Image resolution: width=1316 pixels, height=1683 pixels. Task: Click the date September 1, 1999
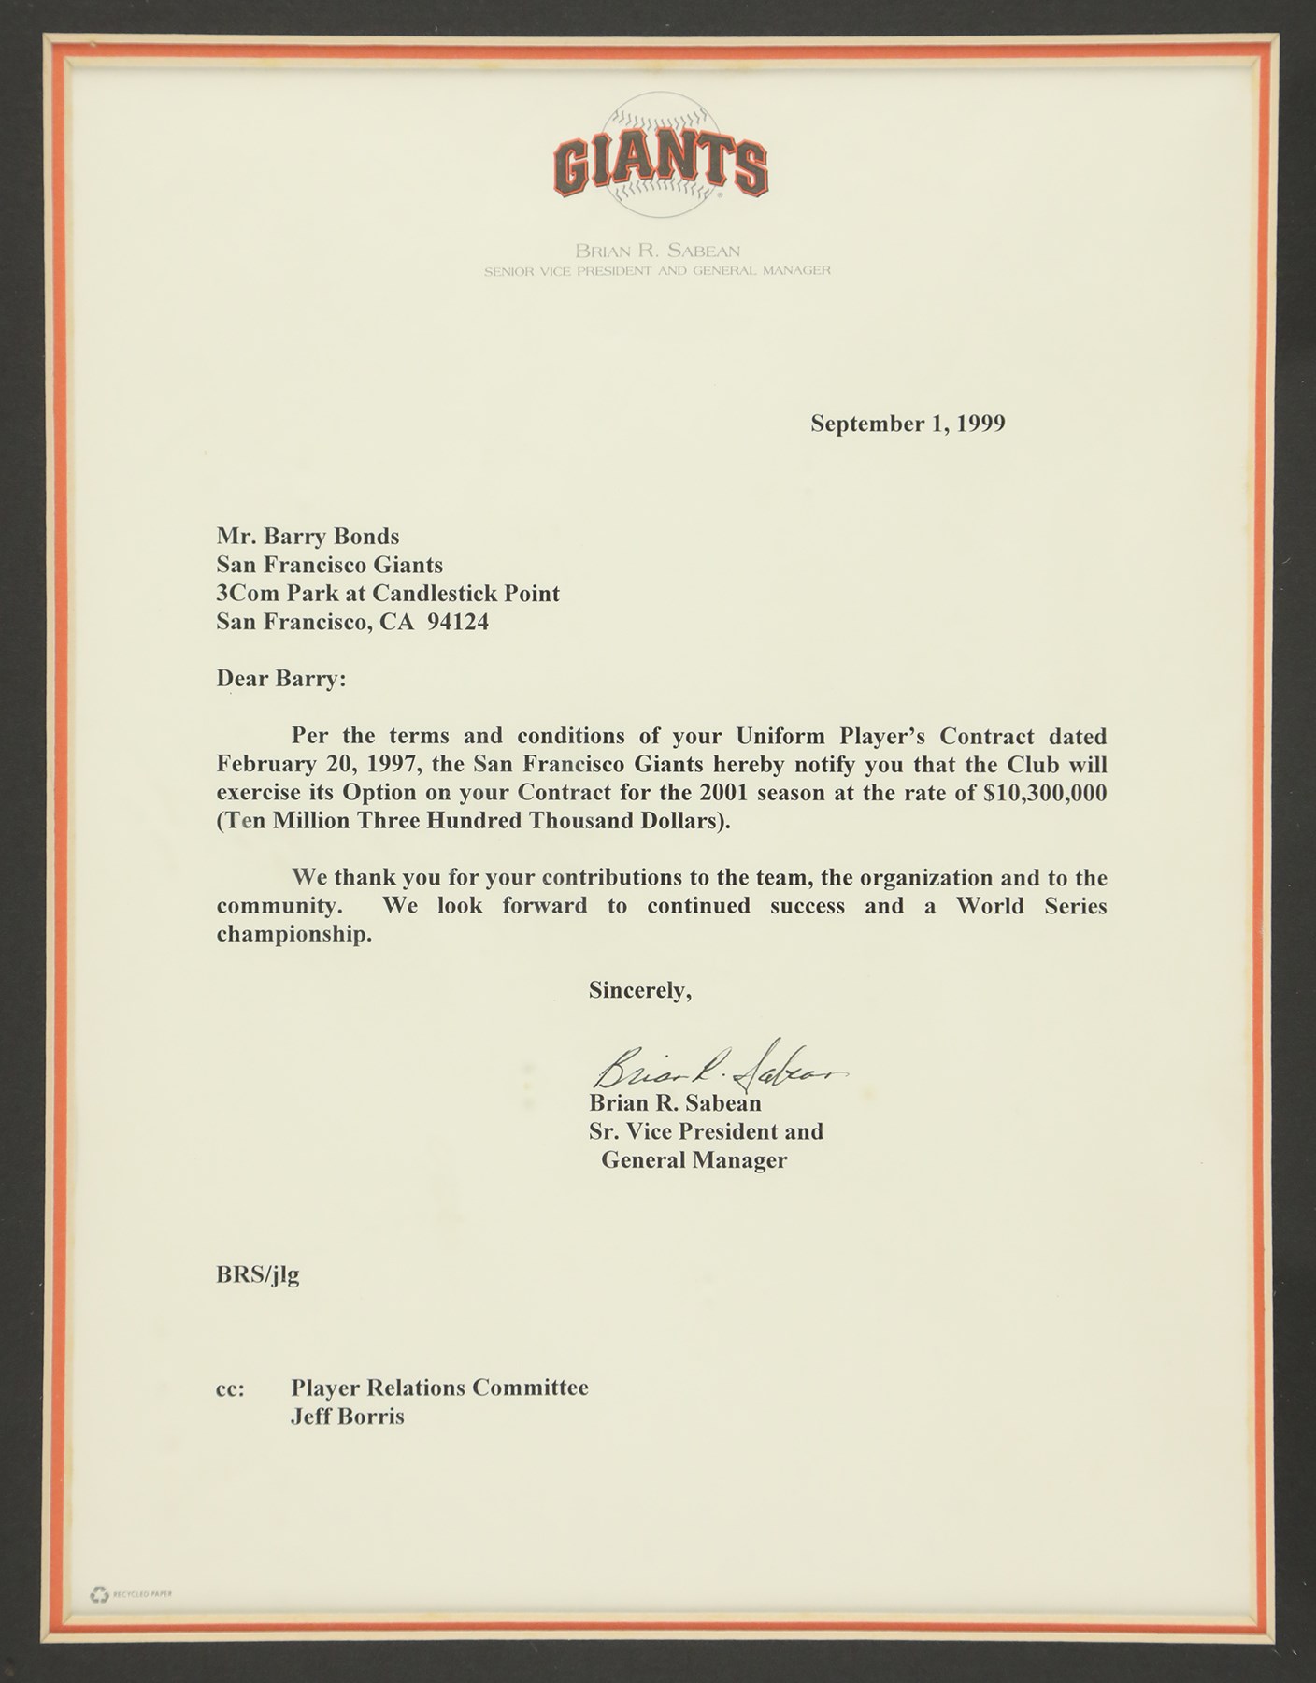908,424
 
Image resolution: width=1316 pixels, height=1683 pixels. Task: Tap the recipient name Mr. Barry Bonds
308,536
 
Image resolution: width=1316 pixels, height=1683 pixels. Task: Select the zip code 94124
457,622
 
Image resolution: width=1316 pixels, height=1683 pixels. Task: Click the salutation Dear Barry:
280,678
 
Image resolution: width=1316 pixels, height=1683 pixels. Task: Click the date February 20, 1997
315,764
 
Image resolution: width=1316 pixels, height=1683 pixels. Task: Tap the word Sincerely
639,990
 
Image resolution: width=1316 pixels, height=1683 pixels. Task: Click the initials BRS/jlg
258,1274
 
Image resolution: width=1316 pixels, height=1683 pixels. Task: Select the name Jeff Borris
347,1416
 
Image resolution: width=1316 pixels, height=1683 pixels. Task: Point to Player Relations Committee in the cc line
439,1387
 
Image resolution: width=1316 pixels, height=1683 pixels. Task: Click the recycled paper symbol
100,1594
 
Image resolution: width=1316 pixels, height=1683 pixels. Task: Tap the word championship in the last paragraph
293,934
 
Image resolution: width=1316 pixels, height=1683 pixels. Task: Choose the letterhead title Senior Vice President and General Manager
656,271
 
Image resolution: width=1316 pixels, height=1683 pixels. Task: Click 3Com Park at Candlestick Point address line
388,593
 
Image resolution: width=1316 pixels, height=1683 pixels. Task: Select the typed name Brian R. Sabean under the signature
675,1103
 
